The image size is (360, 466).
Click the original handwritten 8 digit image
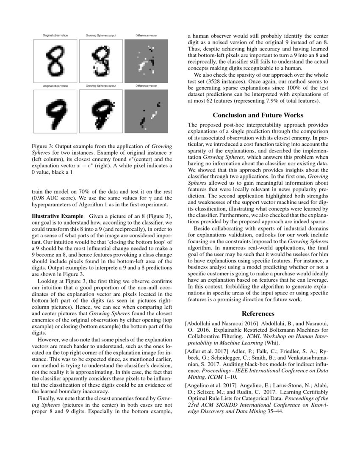(x=55, y=60)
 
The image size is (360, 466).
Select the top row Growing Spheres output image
(x=101, y=60)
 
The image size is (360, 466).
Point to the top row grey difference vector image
(x=146, y=60)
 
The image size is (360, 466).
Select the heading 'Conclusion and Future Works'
(x=258, y=115)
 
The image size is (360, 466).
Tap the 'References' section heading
(x=258, y=313)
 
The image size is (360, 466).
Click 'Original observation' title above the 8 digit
(x=55, y=35)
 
